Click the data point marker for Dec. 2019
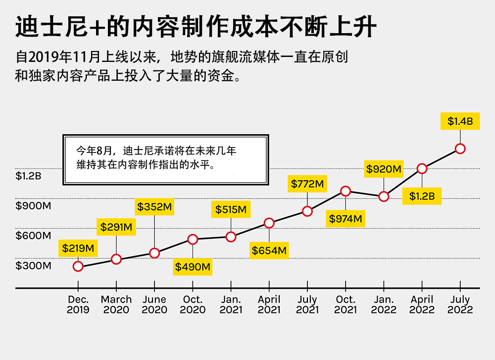pyautogui.click(x=78, y=266)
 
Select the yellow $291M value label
pyautogui.click(x=116, y=227)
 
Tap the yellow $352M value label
pyautogui.click(x=154, y=207)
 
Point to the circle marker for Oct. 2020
pyautogui.click(x=193, y=240)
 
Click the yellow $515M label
pyautogui.click(x=231, y=209)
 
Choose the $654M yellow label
pyautogui.click(x=269, y=251)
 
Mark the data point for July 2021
pyautogui.click(x=307, y=211)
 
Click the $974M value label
pyautogui.click(x=346, y=218)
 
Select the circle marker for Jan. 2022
pyautogui.click(x=384, y=197)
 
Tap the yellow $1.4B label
pyautogui.click(x=460, y=121)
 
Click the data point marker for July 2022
pyautogui.click(x=460, y=149)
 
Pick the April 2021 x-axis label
pyautogui.click(x=269, y=305)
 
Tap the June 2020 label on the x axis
pyautogui.click(x=154, y=305)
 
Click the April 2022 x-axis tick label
pyautogui.click(x=422, y=305)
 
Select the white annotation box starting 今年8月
pyautogui.click(x=166, y=159)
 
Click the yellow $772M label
pyautogui.click(x=307, y=184)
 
